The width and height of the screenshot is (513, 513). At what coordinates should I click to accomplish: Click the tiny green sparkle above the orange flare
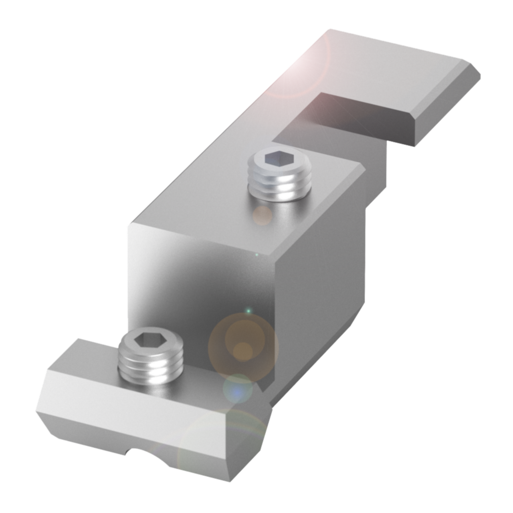pos(248,311)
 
